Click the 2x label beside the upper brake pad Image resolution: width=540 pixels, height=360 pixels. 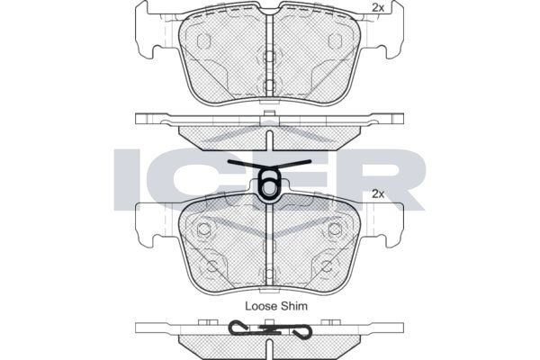378,8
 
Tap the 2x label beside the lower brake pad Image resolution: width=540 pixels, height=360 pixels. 378,194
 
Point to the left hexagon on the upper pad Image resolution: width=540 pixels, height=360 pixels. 203,41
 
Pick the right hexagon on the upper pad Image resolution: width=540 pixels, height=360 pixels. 335,41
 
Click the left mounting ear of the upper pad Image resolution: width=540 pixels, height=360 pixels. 148,30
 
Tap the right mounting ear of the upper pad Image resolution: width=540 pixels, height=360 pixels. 391,30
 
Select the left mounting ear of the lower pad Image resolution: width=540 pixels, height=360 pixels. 148,224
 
